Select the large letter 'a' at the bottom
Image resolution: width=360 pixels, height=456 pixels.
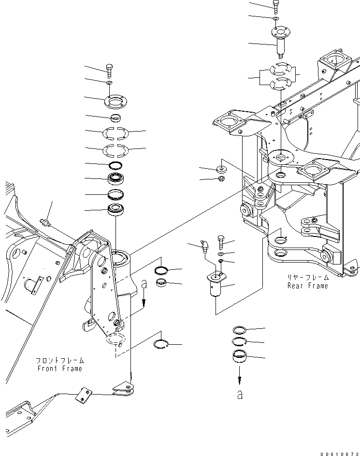[240, 395]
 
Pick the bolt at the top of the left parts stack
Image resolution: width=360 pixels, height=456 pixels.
[110, 71]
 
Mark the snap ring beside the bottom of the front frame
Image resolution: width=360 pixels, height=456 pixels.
[161, 344]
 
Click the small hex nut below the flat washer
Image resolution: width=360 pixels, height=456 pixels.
[220, 180]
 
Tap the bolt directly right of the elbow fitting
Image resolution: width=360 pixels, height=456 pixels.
[221, 240]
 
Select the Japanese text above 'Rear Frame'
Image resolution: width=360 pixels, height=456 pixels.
[306, 278]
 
